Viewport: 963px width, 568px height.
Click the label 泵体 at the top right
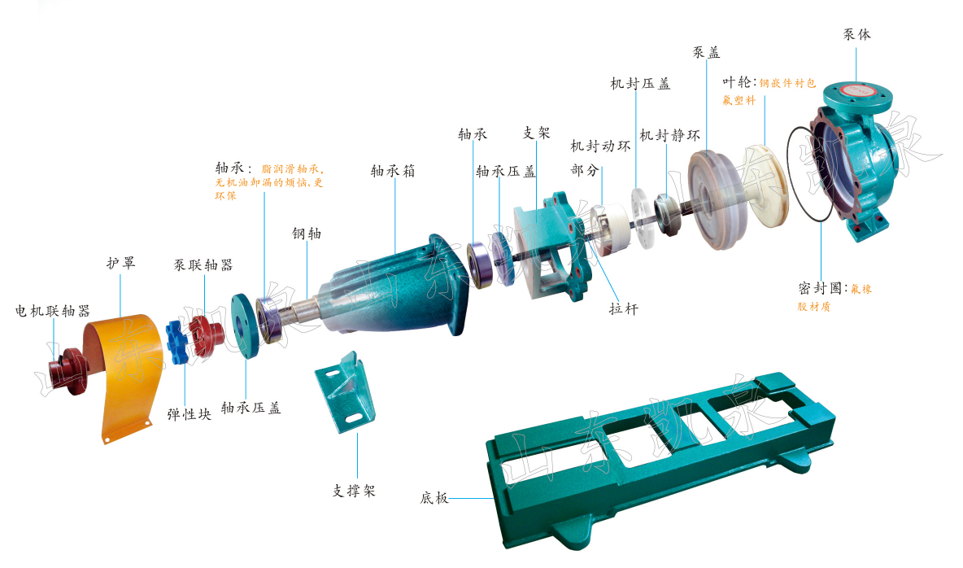click(x=856, y=34)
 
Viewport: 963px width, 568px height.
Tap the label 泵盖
click(x=706, y=52)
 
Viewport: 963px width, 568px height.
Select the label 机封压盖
click(x=640, y=84)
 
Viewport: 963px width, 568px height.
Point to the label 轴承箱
click(x=393, y=171)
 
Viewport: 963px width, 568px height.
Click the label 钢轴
click(x=307, y=234)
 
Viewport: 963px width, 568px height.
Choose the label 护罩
click(x=120, y=263)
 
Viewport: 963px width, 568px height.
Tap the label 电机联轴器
click(x=53, y=311)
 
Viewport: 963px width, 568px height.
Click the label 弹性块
click(x=190, y=414)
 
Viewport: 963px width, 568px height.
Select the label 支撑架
click(x=354, y=491)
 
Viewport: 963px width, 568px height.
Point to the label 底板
click(x=434, y=498)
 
